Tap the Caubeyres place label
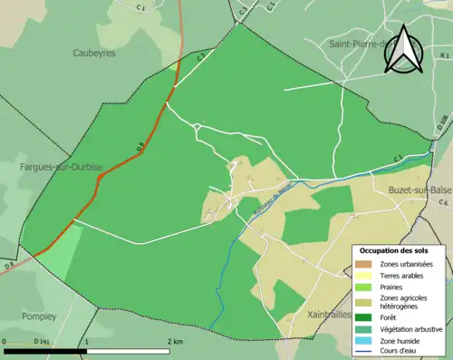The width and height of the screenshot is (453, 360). tap(94, 54)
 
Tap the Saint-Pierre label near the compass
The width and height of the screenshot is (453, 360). tap(359, 43)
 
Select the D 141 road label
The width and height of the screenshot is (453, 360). tap(42, 342)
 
